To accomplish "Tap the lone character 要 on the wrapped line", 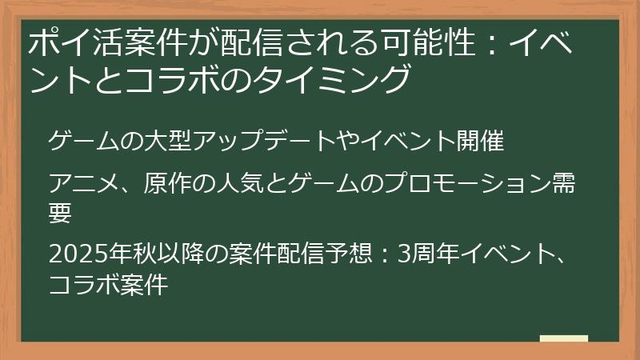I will click(x=60, y=214).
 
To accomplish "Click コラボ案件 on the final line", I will click(x=108, y=284).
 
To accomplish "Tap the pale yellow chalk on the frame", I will click(x=563, y=339).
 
